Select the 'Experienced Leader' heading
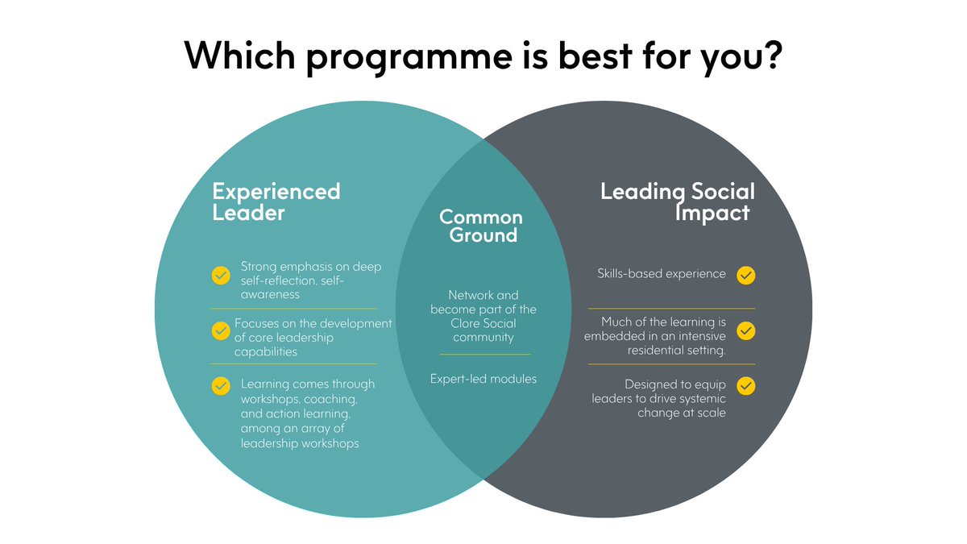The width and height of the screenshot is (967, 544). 276,201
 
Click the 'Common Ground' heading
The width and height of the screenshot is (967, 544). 481,226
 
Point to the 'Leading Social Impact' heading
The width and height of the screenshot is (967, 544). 678,201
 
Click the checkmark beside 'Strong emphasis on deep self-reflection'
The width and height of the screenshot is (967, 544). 220,275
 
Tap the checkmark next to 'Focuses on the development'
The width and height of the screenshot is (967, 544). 220,330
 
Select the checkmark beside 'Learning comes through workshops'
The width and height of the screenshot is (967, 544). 220,385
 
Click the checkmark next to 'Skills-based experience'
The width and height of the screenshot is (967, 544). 746,275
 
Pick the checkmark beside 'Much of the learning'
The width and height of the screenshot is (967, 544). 746,330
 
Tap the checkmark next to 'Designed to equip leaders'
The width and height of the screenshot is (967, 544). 746,385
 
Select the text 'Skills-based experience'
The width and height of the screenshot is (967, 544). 662,274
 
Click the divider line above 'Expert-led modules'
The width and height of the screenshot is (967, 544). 485,355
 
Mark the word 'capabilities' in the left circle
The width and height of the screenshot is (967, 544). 265,352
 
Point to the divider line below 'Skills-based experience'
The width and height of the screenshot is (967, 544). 671,309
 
